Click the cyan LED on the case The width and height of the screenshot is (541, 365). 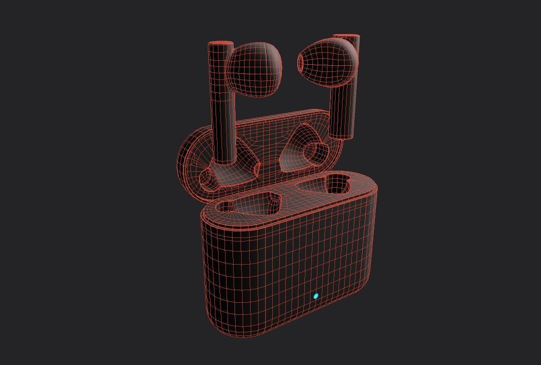coord(316,296)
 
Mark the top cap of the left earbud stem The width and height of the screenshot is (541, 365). coord(221,45)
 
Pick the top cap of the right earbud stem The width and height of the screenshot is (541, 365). coord(346,37)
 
